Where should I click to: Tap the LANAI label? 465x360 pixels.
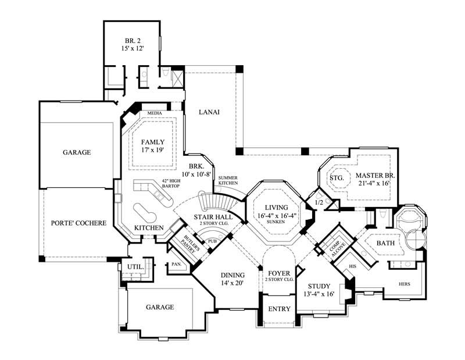pos(208,112)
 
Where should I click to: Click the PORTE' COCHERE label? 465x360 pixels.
pos(76,223)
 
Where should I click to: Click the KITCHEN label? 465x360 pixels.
pos(149,228)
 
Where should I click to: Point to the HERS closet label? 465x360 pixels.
pos(405,284)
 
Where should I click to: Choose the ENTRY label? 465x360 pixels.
pos(281,309)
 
